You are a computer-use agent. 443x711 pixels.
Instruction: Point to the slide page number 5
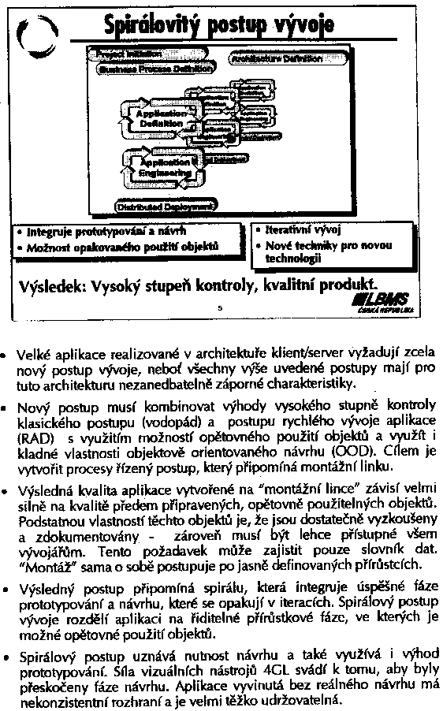pos(221,308)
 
